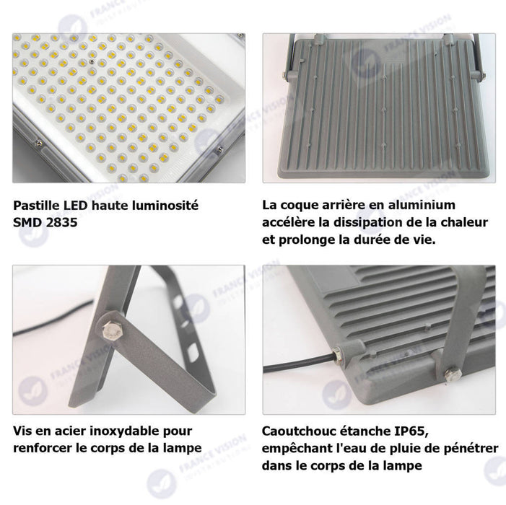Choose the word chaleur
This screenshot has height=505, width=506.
(464, 222)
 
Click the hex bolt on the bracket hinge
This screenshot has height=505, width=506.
(110, 330)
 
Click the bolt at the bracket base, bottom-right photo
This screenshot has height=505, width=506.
(453, 376)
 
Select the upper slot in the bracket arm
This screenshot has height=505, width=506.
(178, 303)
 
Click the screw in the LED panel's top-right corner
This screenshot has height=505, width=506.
(240, 35)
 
